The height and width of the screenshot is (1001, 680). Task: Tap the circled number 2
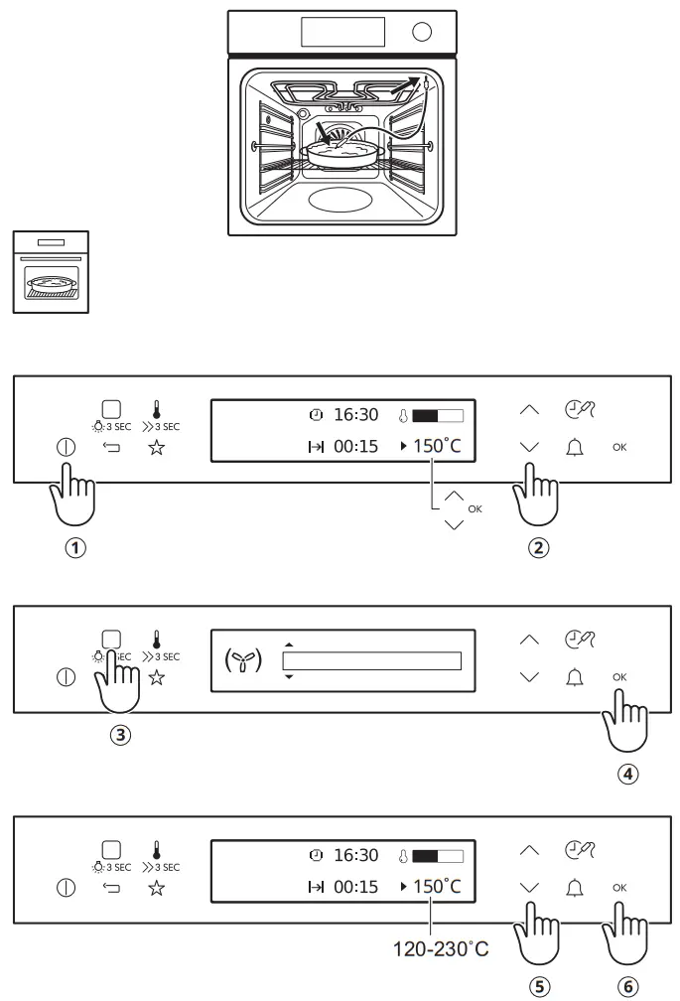tap(538, 547)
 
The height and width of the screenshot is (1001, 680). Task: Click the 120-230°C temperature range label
tap(439, 949)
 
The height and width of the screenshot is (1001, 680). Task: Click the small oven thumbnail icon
tap(50, 272)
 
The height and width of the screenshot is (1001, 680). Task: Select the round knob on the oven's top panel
tap(422, 32)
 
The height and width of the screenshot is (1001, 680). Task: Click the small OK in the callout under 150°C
tap(475, 508)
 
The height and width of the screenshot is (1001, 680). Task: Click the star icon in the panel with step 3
tap(157, 678)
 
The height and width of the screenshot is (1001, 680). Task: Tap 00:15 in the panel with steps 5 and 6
tap(354, 887)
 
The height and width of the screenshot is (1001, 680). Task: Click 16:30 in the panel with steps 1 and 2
tap(354, 413)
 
